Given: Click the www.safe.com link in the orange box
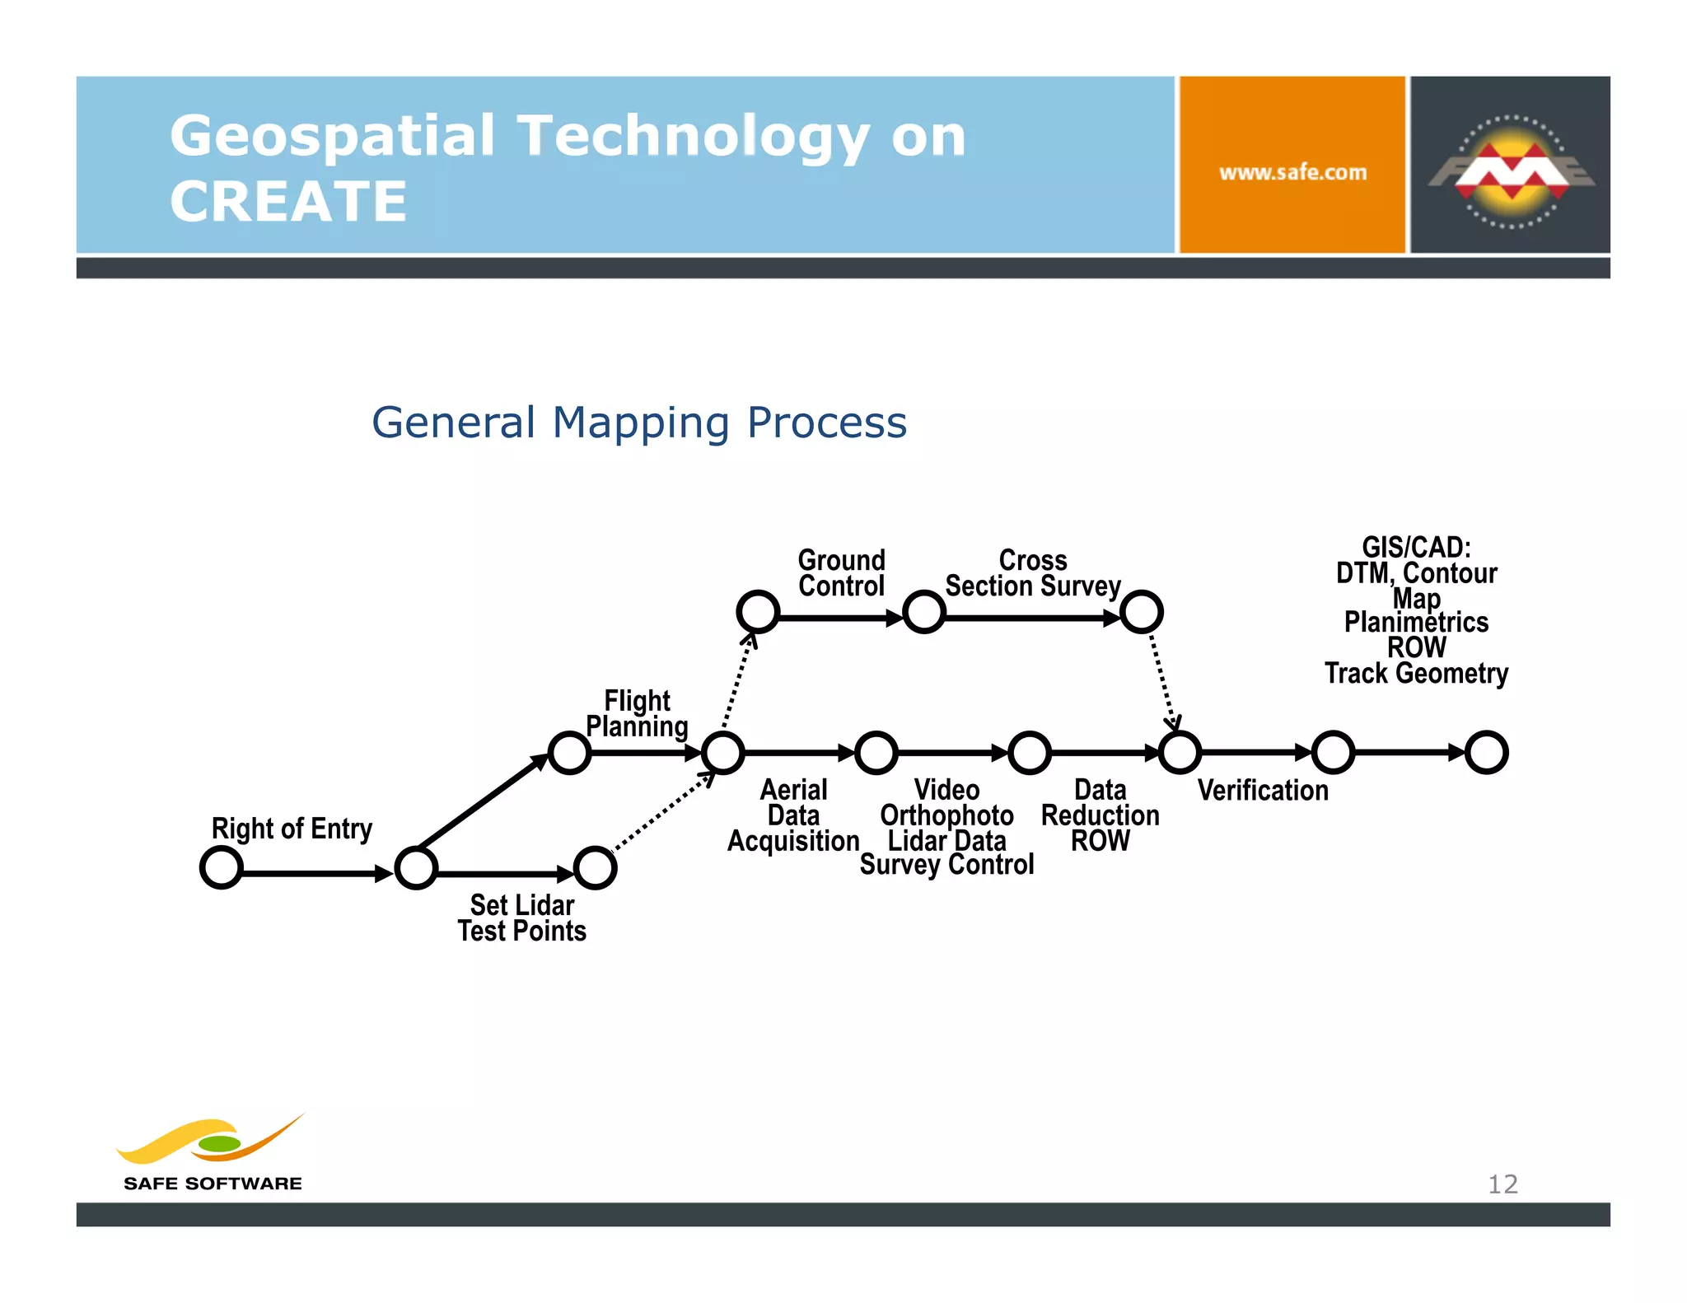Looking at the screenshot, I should pos(1292,173).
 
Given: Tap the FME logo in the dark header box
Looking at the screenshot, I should pos(1511,170).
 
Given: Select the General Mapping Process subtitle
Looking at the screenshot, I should pos(639,423).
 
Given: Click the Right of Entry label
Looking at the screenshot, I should pos(292,829).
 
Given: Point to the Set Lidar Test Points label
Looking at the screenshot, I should pos(521,918).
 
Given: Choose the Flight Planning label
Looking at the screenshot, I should pos(637,713).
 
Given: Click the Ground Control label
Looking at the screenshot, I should pos(841,573).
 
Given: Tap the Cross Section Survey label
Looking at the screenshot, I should pos(1033,573).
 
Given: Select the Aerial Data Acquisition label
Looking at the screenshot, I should pos(793,815).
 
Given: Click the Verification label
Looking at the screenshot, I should pos(1263,791).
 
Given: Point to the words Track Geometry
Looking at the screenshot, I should pos(1416,674).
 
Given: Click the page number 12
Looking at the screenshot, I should pos(1502,1184).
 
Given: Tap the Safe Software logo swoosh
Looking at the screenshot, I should pos(210,1141).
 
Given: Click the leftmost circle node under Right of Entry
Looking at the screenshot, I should pos(222,868).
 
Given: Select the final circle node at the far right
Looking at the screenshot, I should pos(1487,752).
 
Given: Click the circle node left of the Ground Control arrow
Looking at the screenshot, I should pos(758,612).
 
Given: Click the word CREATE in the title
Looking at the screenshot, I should pos(288,202).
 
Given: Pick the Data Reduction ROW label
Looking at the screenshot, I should pos(1100,815).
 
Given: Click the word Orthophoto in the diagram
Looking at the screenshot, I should pos(946,815).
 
